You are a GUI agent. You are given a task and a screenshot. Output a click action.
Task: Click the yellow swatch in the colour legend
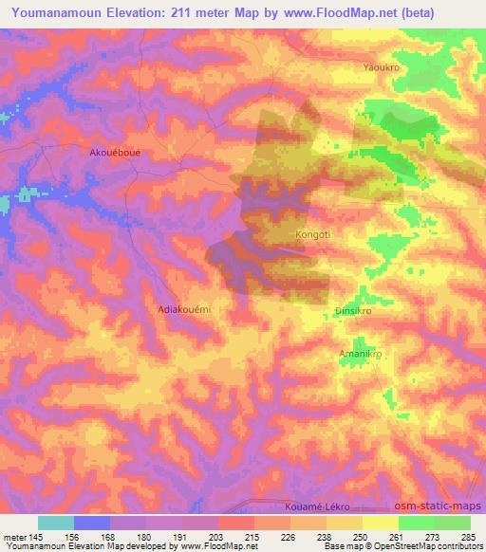click(380, 523)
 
